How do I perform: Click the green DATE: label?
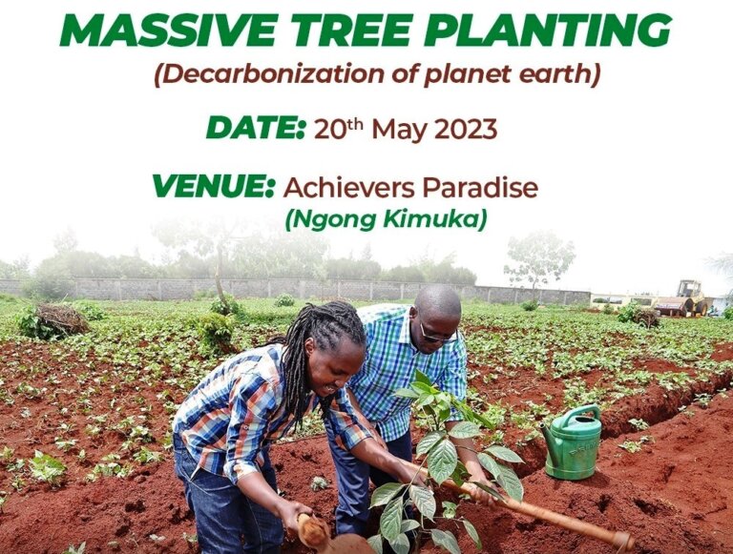256,129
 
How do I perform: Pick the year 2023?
466,130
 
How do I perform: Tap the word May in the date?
399,131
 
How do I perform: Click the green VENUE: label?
212,186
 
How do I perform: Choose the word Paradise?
481,187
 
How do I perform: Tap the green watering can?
573,441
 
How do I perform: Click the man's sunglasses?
437,335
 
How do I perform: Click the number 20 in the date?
327,130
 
